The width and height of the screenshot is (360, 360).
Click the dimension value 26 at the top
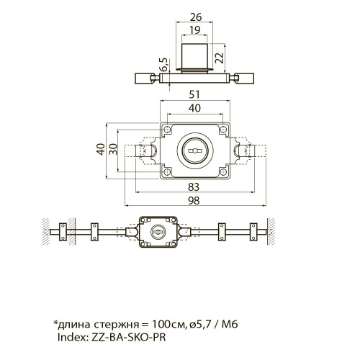pos(196,17)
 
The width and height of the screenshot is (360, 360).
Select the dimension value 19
pos(194,30)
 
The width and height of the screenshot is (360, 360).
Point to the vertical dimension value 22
pos(219,58)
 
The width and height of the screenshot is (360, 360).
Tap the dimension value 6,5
pos(164,65)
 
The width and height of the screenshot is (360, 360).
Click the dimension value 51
pos(194,94)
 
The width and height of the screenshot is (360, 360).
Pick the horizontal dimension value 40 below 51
pos(194,108)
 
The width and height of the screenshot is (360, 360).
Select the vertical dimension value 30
pos(113,149)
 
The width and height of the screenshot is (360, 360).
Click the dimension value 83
pos(194,186)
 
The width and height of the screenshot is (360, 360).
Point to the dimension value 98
pos(194,200)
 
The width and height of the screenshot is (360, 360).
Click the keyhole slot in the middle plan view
pos(194,150)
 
